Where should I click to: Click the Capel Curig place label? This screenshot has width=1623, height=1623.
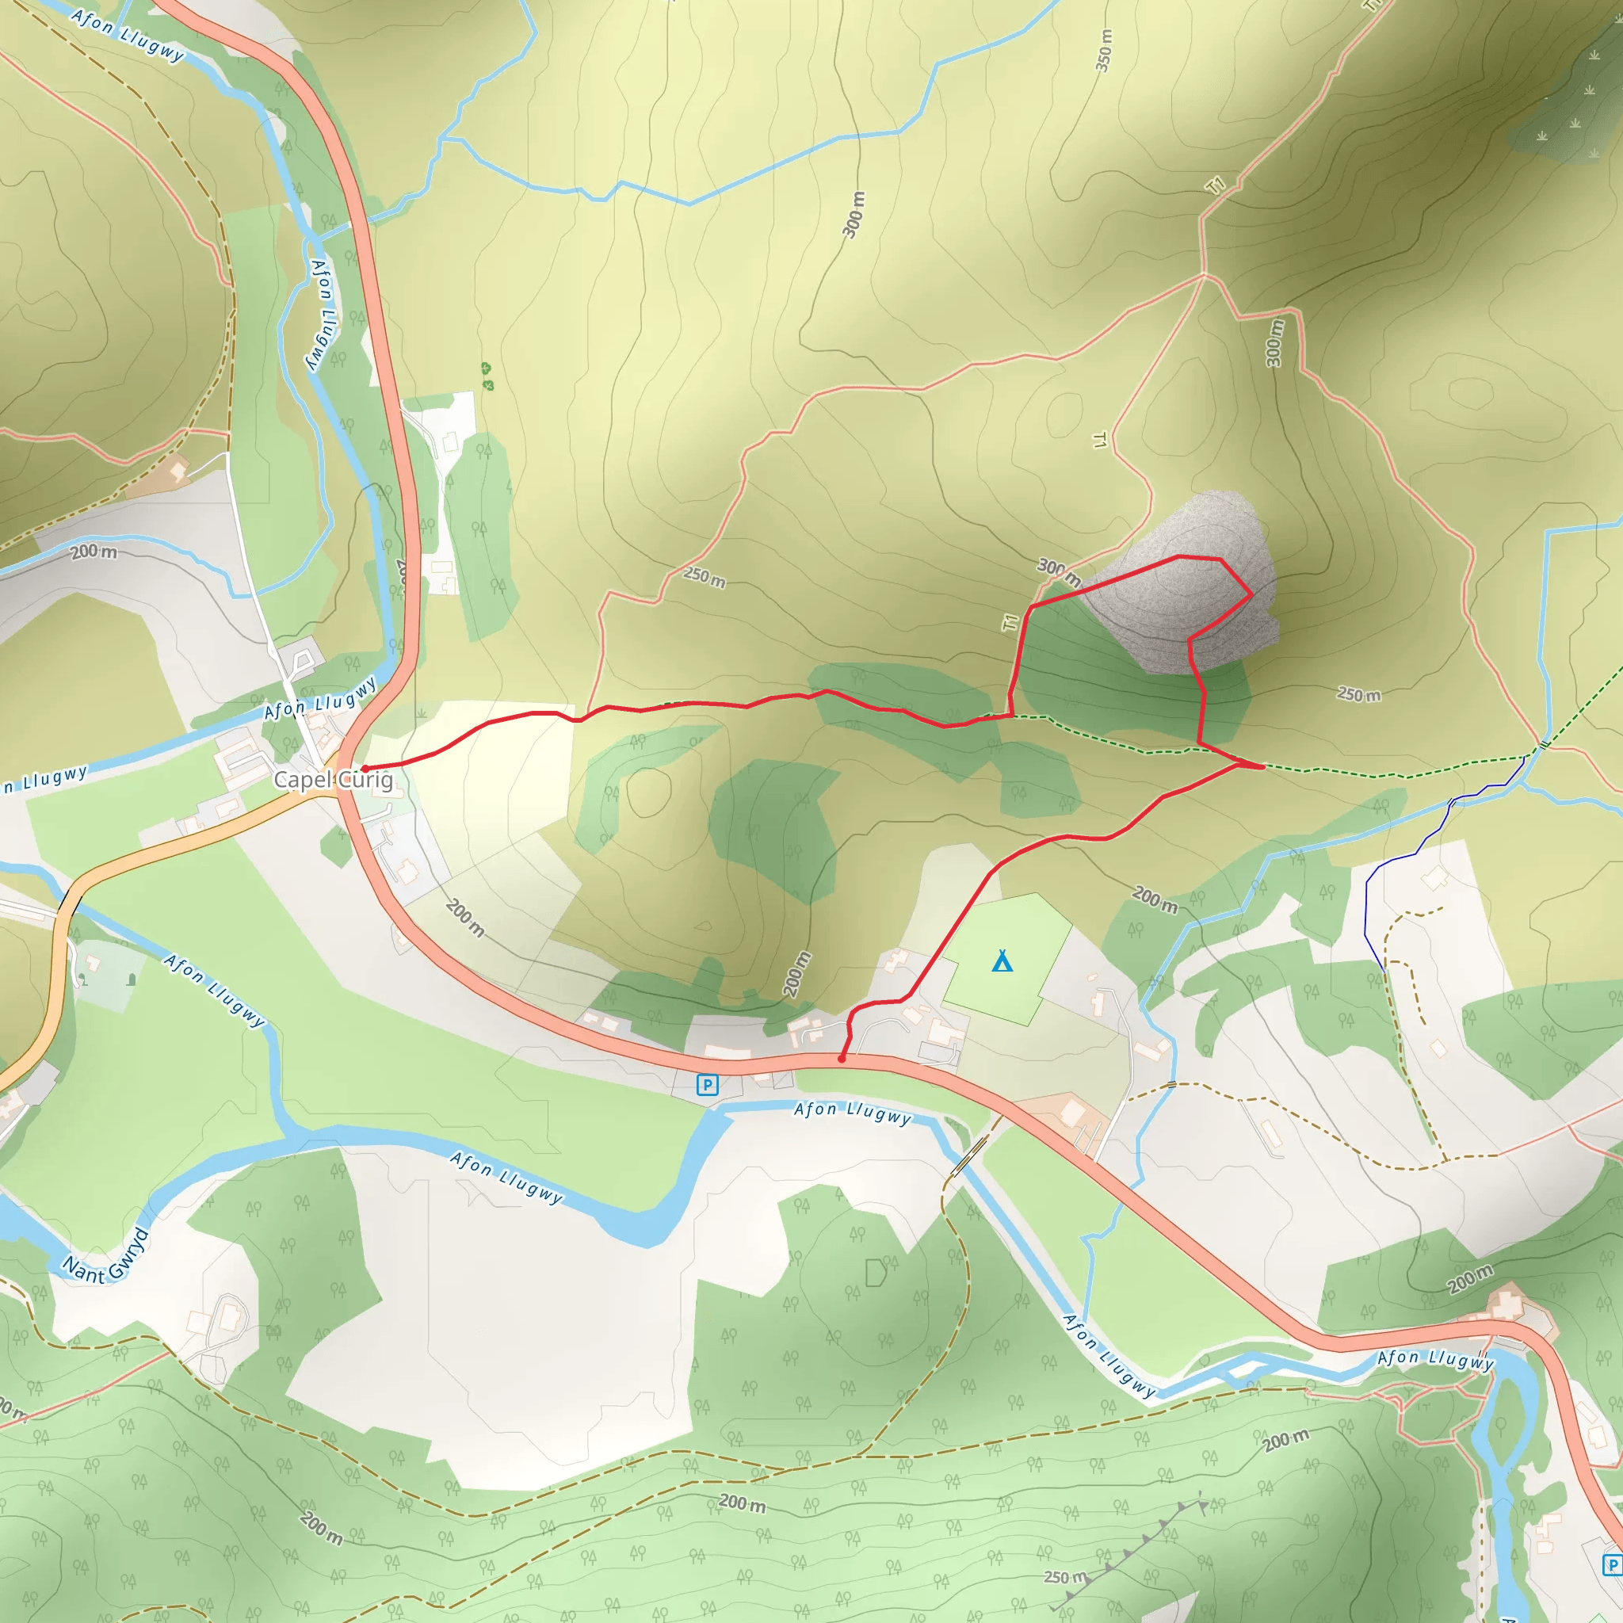point(333,780)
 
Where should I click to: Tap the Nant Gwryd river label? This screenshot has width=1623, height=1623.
point(107,1258)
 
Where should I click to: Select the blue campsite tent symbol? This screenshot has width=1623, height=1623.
point(1002,961)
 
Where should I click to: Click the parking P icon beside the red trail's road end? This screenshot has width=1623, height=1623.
point(708,1085)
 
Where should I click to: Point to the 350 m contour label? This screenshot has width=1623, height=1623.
point(1104,50)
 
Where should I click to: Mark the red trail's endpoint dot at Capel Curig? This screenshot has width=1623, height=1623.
point(365,769)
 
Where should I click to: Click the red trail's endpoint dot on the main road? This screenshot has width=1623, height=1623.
point(841,1060)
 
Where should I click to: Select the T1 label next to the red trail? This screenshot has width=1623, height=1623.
point(1010,622)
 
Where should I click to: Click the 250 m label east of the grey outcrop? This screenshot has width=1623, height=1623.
point(1358,695)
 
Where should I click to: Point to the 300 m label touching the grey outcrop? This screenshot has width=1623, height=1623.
point(1059,571)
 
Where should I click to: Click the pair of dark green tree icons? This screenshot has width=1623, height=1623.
point(487,376)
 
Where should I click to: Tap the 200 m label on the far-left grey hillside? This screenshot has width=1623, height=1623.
point(94,552)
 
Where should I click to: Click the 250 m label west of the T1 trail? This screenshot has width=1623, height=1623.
point(704,578)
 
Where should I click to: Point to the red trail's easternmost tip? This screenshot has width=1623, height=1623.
point(1262,767)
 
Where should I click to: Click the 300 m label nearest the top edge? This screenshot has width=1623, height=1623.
point(853,214)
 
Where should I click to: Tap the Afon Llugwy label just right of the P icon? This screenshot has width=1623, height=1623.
point(853,1113)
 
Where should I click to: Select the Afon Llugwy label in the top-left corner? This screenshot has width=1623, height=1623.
point(127,36)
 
